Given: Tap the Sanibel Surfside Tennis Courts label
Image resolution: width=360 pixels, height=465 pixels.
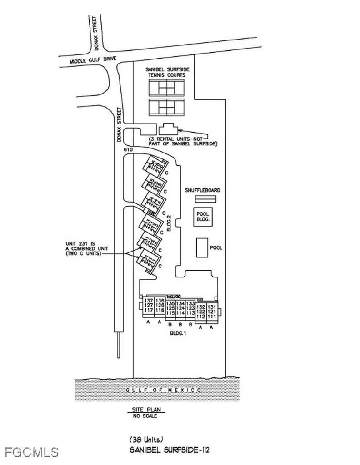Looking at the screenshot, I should coord(167,72).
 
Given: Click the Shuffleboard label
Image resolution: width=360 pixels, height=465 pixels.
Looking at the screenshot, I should coord(203,191).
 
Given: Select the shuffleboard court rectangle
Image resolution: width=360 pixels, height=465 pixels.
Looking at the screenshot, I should coord(205,199).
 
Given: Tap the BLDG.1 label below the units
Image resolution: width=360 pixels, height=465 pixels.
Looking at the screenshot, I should coord(178,333).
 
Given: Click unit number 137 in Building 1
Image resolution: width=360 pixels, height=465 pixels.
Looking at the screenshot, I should coord(148,301).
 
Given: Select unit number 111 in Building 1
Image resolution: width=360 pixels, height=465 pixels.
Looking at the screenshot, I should coord(212,316).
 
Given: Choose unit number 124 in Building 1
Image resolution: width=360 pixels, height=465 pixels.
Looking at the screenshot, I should coord(180,308).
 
